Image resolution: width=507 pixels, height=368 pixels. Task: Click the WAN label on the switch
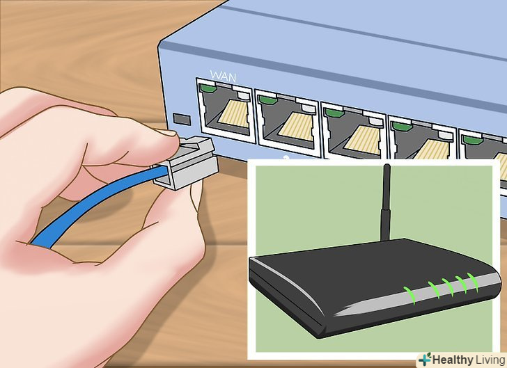click(x=223, y=76)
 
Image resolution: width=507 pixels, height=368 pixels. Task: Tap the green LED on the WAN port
click(x=208, y=88)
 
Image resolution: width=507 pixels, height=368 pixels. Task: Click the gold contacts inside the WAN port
click(x=233, y=113)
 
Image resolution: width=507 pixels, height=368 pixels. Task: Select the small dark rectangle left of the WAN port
click(x=182, y=118)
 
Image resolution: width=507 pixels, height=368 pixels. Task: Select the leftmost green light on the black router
click(x=410, y=295)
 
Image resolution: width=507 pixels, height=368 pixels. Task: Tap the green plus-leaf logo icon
click(x=425, y=359)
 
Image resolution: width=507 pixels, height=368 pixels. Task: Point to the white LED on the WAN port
click(x=244, y=95)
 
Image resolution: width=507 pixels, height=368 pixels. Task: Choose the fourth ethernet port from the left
click(x=422, y=139)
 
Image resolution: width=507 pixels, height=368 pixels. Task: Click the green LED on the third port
click(x=334, y=113)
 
